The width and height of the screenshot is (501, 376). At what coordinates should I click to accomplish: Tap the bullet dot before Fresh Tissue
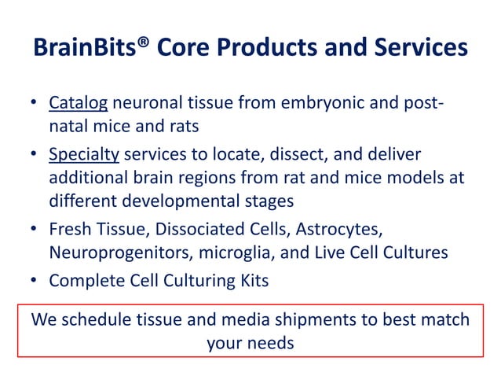35,228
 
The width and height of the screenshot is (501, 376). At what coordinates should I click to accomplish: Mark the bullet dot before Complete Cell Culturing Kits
35,278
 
